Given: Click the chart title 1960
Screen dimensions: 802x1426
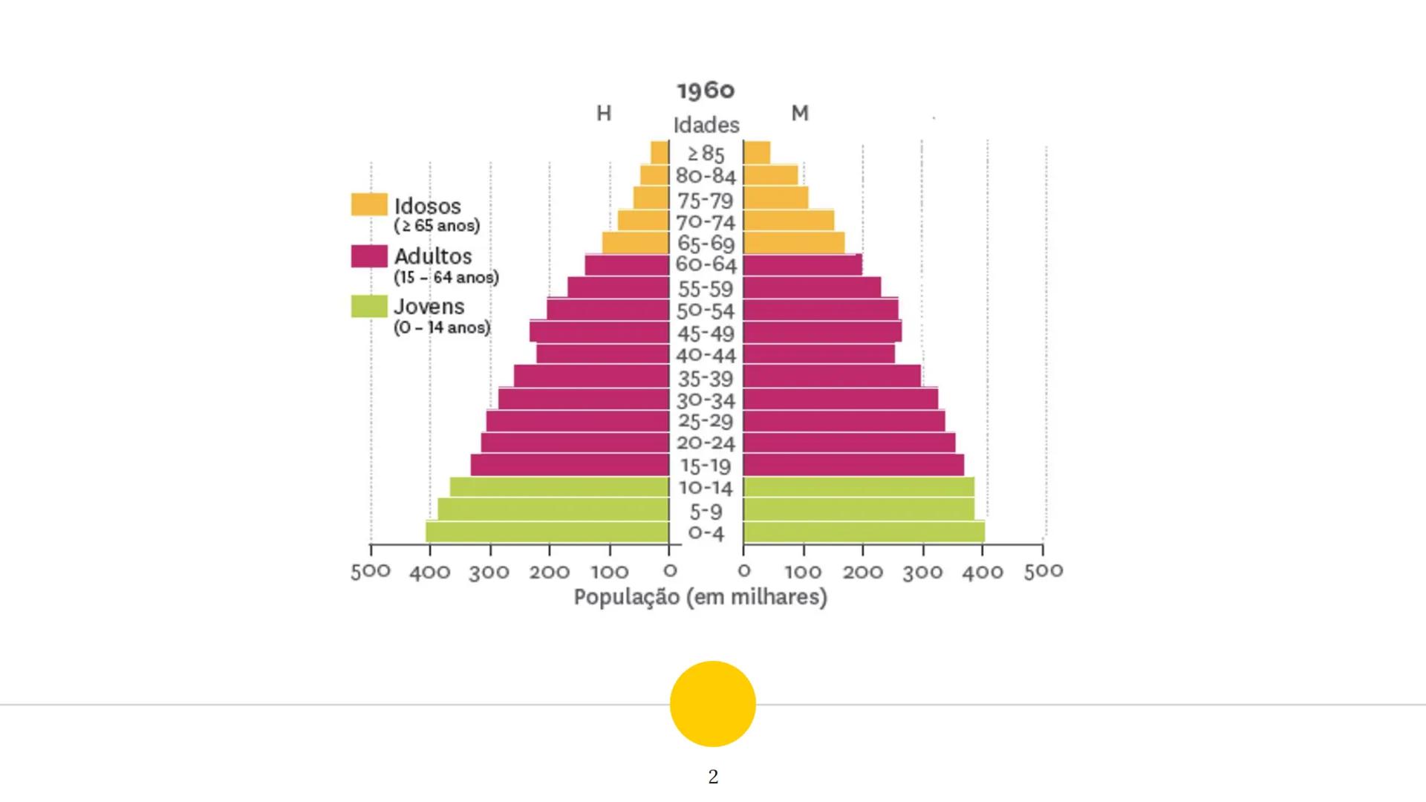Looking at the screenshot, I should coord(706,91).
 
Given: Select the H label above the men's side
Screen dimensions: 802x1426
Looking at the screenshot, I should coord(604,114).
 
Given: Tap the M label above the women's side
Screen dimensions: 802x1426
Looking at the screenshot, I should coord(799,114).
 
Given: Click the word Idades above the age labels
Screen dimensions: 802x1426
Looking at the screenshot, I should coord(706,125).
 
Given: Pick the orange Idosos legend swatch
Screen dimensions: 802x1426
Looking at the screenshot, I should coord(369,204).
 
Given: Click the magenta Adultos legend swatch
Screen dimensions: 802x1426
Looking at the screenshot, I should coord(369,256).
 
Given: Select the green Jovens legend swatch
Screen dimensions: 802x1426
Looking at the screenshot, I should coord(369,307).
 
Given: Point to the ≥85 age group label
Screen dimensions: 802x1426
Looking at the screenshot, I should coord(706,154).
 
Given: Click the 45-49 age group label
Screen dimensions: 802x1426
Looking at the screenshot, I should coord(706,333).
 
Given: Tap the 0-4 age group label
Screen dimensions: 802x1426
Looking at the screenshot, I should coord(706,533).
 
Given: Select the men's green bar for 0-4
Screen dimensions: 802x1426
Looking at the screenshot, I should coord(547,532).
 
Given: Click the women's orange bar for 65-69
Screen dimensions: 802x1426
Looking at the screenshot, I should coord(793,243).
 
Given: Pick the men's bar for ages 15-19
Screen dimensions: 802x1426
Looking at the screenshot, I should coord(570,466).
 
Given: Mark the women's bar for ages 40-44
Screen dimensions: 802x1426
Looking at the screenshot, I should coord(818,354).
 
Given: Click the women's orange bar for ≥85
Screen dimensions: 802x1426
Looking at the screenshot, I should coord(757,152).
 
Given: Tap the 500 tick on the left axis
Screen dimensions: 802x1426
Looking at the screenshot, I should coord(371,571).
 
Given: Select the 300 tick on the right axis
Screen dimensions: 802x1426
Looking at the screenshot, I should coord(922,572).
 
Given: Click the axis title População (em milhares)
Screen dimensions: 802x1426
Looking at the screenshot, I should coord(700,597).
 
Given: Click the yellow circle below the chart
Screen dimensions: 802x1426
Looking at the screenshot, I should coord(713,703).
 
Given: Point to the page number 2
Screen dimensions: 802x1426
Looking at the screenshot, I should coord(713,777).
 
